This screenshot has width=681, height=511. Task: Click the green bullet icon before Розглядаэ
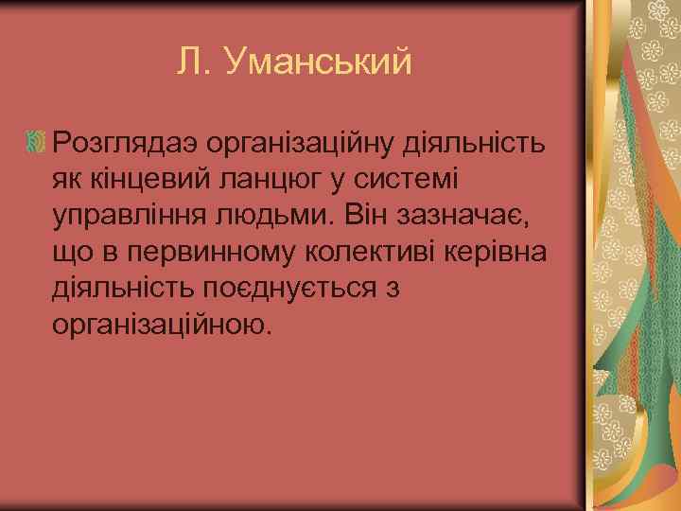pos(36,144)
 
